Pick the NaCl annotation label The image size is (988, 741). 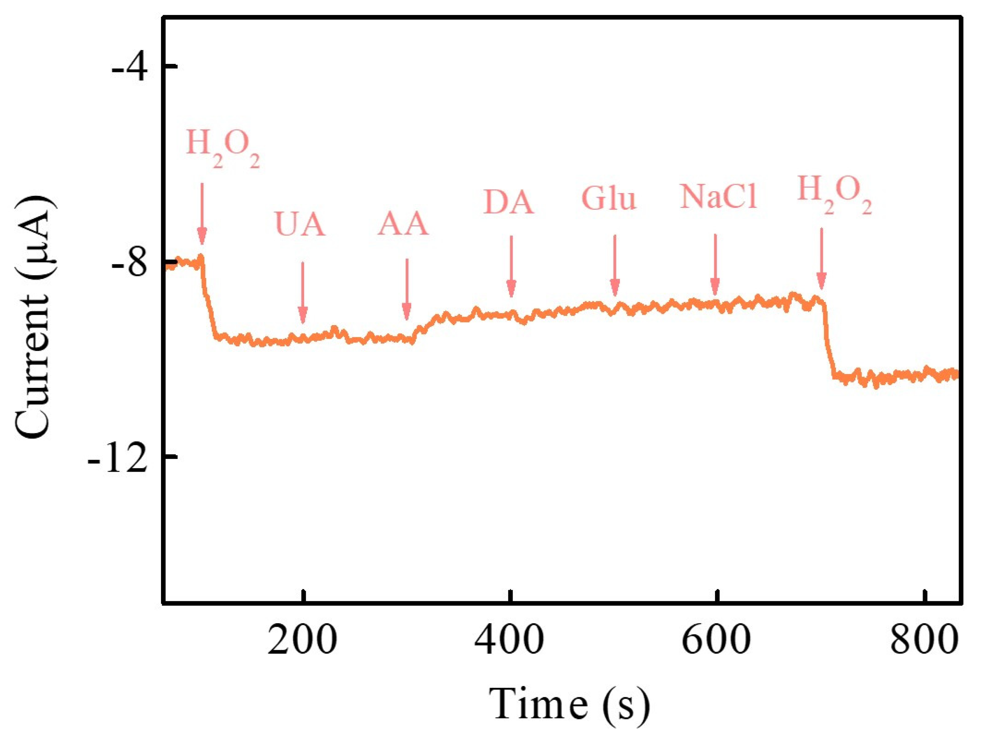(x=718, y=197)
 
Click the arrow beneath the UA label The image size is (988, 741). (x=303, y=292)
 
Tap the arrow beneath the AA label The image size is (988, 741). (x=407, y=290)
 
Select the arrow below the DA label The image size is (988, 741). (x=511, y=267)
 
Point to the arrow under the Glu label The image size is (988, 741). (x=615, y=265)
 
